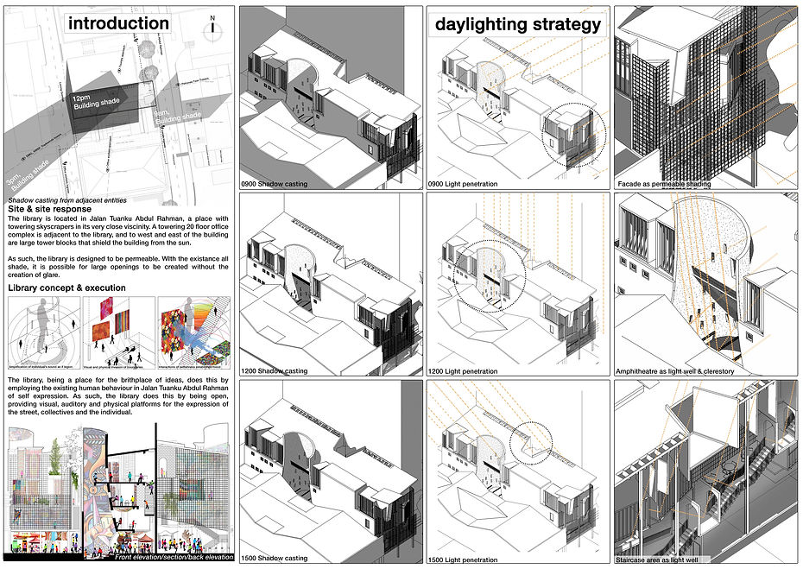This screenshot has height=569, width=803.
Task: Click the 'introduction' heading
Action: point(118,23)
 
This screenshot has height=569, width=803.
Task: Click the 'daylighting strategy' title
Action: point(517,24)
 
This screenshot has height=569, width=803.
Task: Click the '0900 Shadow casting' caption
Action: point(275,184)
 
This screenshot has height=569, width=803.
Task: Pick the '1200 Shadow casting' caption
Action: point(275,371)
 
